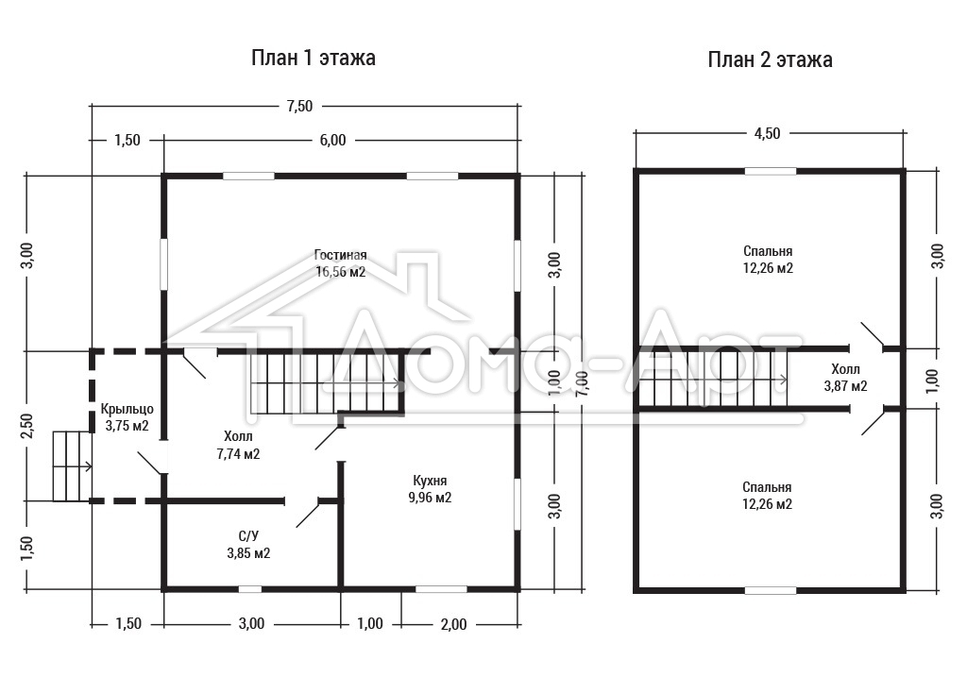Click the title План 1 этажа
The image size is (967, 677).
tap(314, 58)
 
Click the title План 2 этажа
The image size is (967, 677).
tap(770, 59)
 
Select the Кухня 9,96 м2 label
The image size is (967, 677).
tap(430, 489)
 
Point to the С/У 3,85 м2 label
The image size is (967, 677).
tap(248, 545)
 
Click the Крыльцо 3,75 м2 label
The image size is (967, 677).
tap(127, 417)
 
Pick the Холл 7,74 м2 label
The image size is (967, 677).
tap(238, 446)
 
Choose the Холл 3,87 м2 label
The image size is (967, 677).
tap(845, 378)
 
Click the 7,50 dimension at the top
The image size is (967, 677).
tap(299, 106)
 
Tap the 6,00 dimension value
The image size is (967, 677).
tap(333, 141)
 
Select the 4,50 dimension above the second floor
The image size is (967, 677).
tap(767, 133)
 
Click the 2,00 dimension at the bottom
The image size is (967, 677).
tap(454, 624)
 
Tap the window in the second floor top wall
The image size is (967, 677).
tap(771, 172)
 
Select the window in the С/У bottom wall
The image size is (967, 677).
tap(249, 589)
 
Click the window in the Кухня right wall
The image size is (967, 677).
tap(517, 503)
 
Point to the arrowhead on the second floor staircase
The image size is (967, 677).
tap(784, 380)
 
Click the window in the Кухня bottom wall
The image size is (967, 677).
tap(441, 589)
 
